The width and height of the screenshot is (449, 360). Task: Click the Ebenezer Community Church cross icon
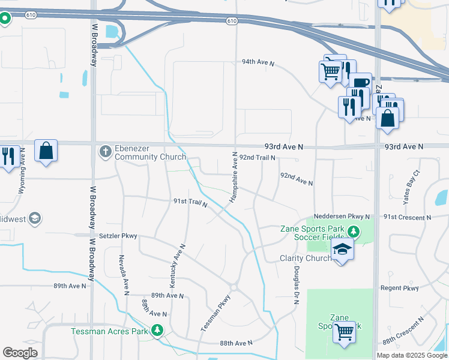click(105, 151)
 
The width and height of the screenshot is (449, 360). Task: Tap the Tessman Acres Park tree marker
click(157, 331)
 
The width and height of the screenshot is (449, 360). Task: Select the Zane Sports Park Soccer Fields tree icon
click(354, 232)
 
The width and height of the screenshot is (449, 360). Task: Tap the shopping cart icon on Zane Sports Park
click(344, 331)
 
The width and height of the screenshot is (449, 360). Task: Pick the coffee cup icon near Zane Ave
click(360, 83)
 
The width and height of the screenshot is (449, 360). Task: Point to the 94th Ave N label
click(258, 62)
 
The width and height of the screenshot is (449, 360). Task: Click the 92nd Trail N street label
click(257, 157)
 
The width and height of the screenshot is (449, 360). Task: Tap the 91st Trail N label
click(190, 203)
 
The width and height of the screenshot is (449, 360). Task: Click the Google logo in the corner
click(20, 353)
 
